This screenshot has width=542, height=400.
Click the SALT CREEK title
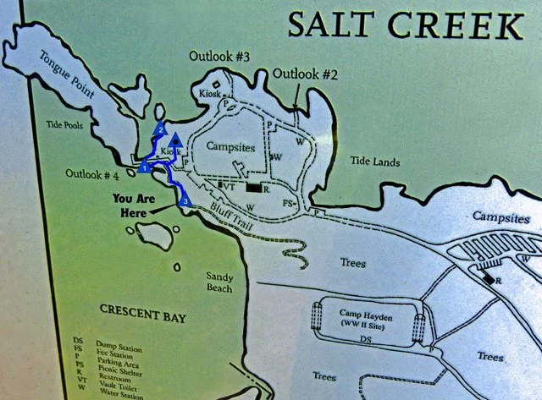point(404,25)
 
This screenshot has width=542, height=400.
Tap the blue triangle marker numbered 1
point(145,167)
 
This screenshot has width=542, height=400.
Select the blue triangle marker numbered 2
point(158,130)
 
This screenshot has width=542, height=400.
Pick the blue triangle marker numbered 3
point(184,200)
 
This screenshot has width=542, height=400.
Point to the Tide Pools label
point(65,124)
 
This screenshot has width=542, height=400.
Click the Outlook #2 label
point(306,74)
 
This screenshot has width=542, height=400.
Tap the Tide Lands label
point(373,161)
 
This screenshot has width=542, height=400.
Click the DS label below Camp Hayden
point(366,339)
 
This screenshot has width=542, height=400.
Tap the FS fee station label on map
point(289,203)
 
